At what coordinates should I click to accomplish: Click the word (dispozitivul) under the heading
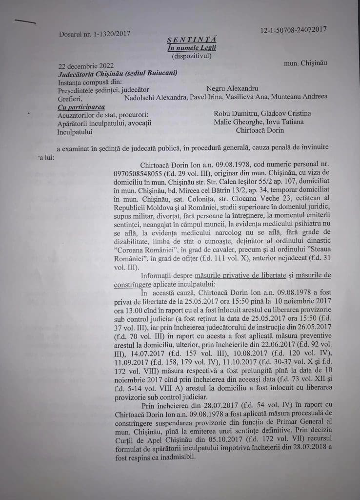click(x=192, y=56)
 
